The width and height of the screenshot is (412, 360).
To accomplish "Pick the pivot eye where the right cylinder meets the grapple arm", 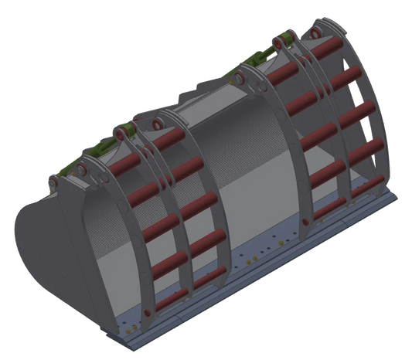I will [x=281, y=39].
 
